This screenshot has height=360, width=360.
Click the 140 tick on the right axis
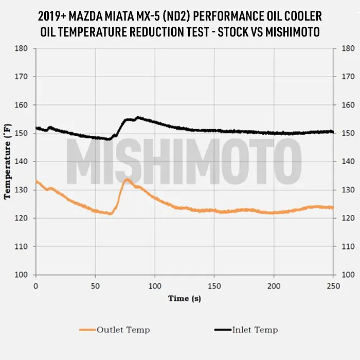point(347,161)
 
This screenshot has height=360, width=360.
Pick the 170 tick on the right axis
point(347,77)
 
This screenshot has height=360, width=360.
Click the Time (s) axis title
point(185,298)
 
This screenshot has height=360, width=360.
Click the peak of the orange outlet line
point(127,180)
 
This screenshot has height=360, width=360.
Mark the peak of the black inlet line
point(138,117)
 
